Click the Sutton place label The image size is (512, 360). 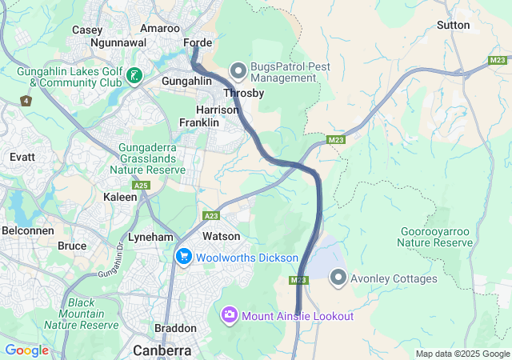click(x=453, y=25)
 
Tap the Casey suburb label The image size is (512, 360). click(x=87, y=30)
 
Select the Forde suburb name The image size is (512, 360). click(x=198, y=43)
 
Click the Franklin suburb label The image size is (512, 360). click(x=198, y=122)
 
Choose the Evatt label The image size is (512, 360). click(x=22, y=158)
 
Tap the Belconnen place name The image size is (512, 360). click(x=27, y=230)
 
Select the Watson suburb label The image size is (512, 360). click(x=221, y=236)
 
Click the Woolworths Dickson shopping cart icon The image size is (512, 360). click(x=184, y=257)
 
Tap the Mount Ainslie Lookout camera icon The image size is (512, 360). click(x=230, y=315)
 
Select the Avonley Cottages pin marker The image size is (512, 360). click(x=338, y=278)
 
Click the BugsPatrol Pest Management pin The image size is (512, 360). click(x=238, y=71)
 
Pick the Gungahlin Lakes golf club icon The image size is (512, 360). click(x=134, y=75)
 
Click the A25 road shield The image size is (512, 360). click(x=142, y=185)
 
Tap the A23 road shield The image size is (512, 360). click(x=212, y=215)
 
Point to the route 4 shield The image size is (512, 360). click(x=26, y=101)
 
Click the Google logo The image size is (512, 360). click(x=26, y=350)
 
